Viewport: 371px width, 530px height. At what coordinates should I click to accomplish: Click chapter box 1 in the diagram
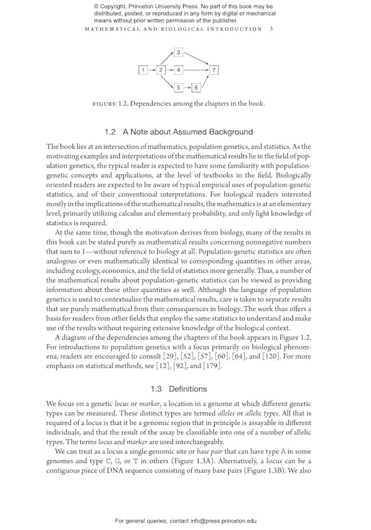pos(143,70)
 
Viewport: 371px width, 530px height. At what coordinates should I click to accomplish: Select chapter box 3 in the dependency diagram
pos(179,53)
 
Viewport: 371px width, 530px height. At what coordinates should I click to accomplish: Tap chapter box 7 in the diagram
pos(214,70)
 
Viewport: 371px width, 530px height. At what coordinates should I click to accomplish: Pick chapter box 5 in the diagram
pos(179,87)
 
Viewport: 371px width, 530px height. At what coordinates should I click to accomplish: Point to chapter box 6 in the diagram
pos(196,87)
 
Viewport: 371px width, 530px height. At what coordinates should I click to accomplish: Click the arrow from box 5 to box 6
pos(187,87)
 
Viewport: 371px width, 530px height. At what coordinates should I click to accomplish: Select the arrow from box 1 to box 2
pos(152,70)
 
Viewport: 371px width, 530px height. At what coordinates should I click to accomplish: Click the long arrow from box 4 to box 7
pos(197,70)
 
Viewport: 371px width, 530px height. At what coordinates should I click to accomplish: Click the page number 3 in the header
pos(272,28)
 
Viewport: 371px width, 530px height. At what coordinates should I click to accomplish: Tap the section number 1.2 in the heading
pos(111,132)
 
